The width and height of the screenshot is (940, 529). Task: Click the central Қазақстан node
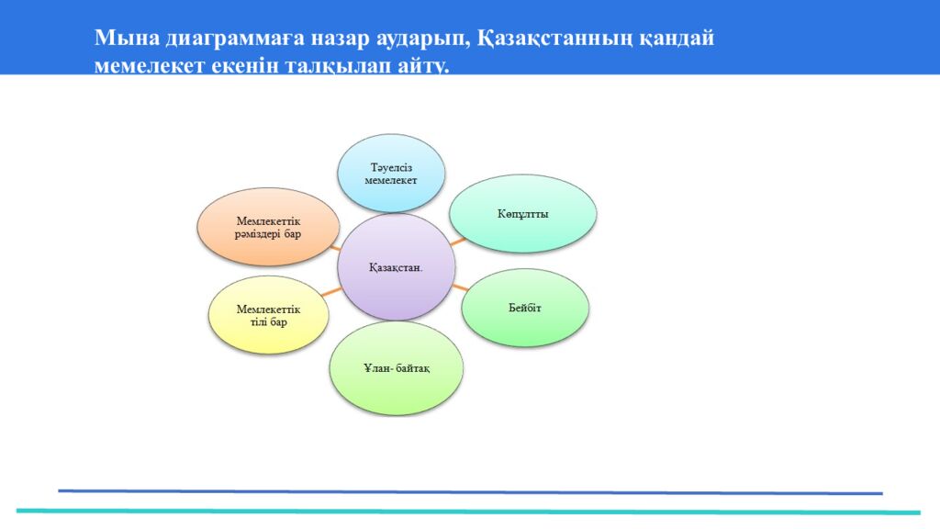(x=397, y=267)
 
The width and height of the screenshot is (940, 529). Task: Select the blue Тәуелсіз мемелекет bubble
(x=391, y=174)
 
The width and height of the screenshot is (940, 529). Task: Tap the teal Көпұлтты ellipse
(x=522, y=213)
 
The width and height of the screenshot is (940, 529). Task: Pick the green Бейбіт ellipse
(x=525, y=308)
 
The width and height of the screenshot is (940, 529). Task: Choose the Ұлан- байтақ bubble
(x=397, y=368)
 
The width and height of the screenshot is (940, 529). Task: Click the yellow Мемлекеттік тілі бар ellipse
(x=269, y=315)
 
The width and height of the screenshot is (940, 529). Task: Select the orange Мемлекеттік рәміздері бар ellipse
(x=268, y=228)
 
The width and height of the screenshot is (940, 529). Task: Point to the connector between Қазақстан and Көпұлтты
(x=458, y=242)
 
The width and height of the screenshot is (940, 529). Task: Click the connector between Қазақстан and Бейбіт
(x=461, y=287)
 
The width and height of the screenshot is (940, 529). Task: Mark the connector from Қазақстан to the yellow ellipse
(x=331, y=292)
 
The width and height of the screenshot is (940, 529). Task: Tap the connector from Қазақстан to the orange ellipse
(x=335, y=247)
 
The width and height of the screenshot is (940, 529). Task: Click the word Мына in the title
(x=127, y=38)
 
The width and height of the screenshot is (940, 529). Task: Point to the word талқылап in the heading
(x=338, y=65)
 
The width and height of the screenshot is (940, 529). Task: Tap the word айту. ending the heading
(x=423, y=65)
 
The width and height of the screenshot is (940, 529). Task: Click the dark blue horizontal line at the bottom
(x=471, y=492)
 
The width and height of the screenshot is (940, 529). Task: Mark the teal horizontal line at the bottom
(x=468, y=512)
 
